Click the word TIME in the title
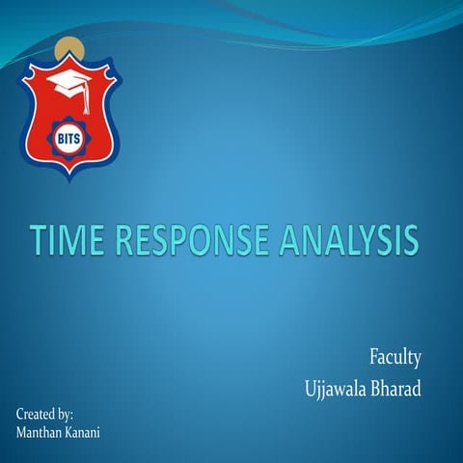coord(68,239)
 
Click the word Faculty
coord(395,359)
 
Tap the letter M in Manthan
coord(22,432)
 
